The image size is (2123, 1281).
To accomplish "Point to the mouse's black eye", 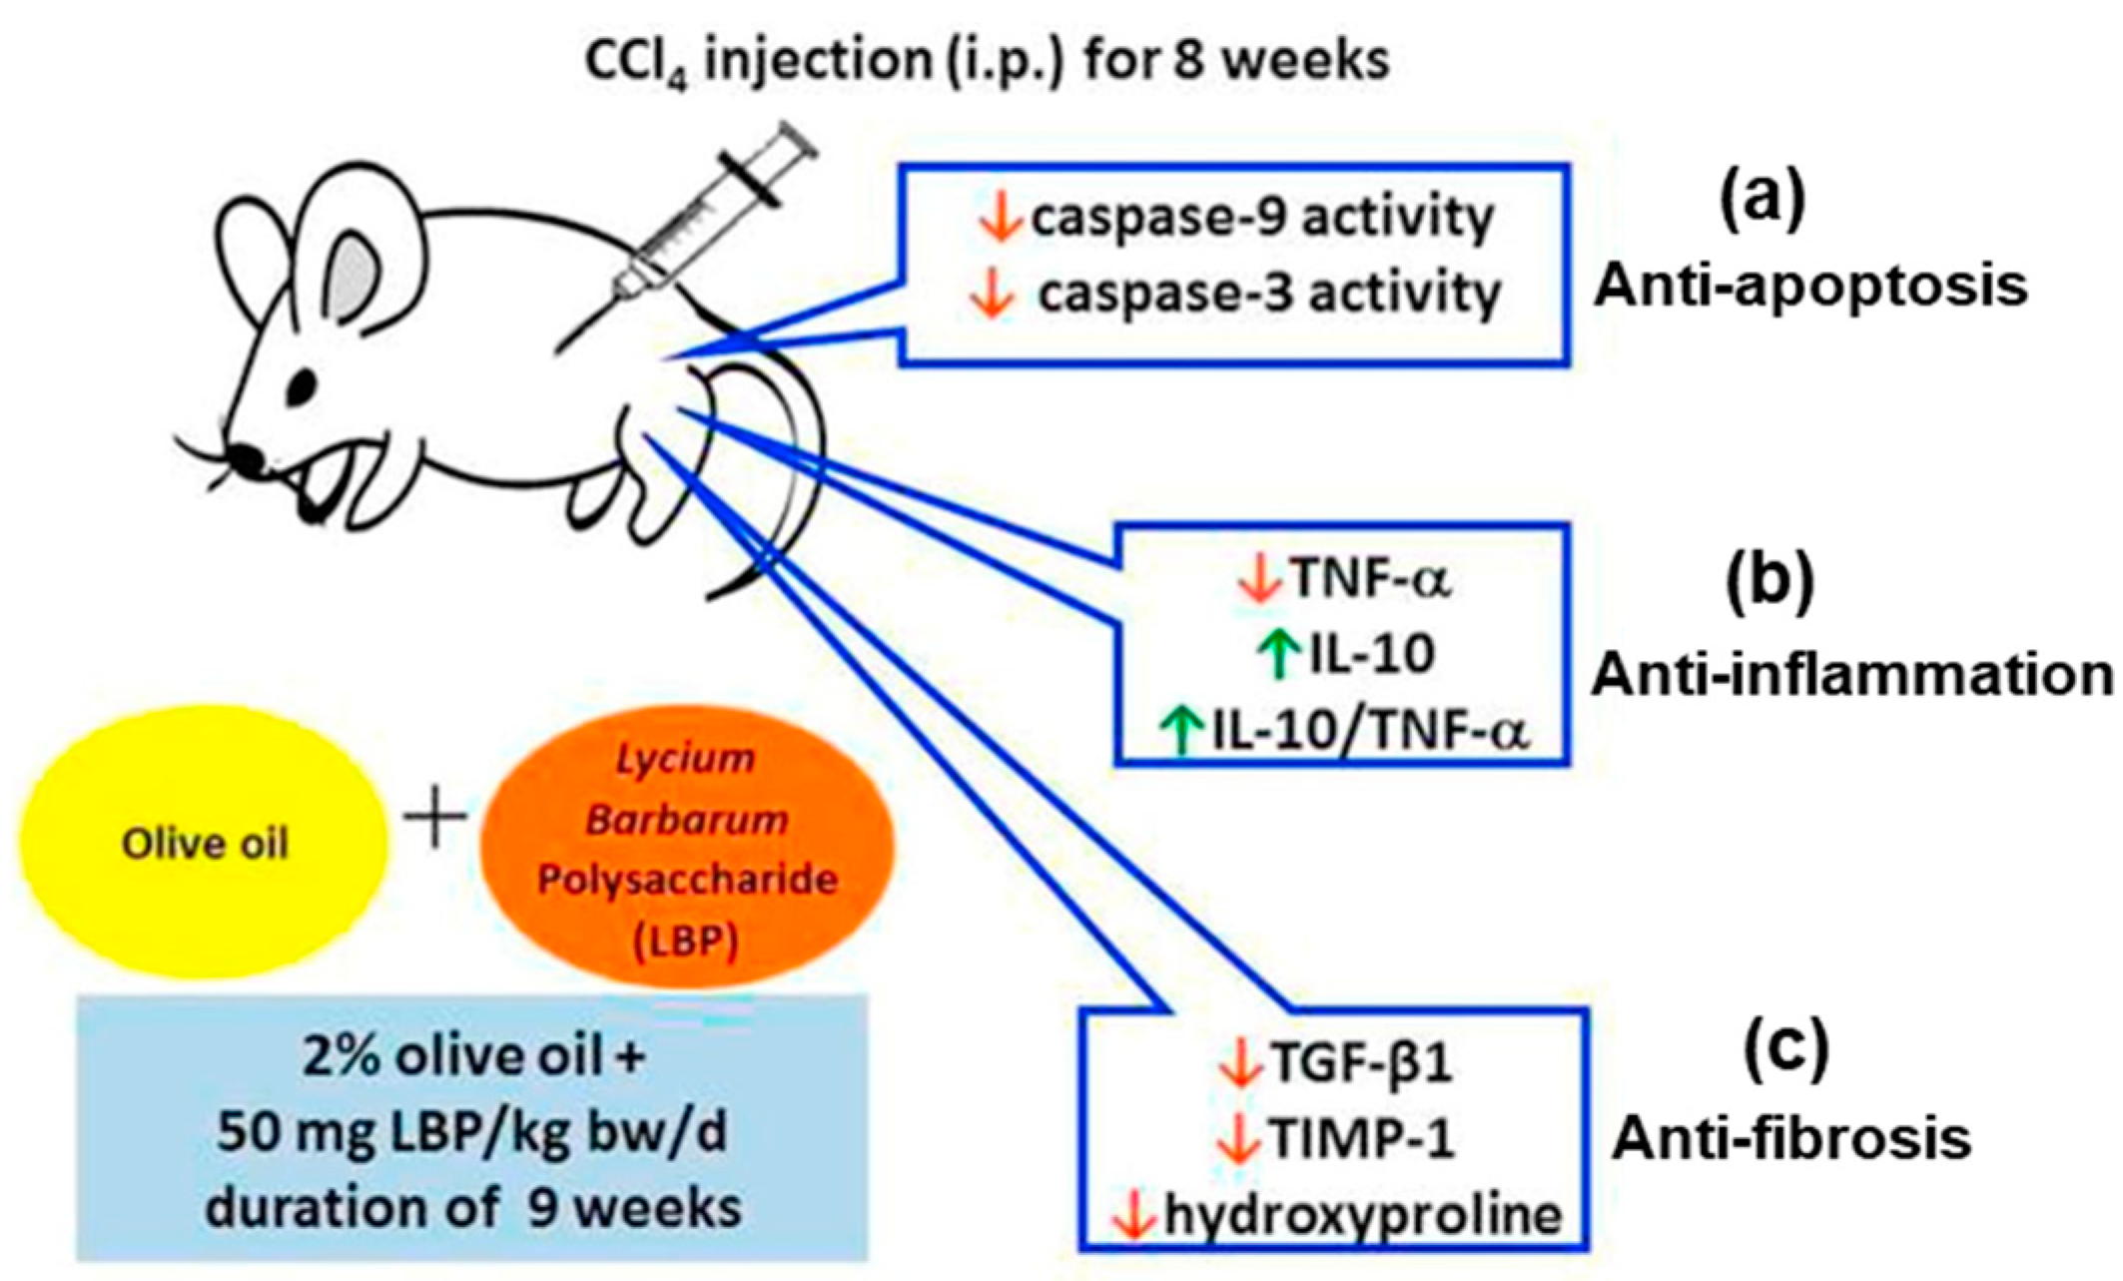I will tap(302, 383).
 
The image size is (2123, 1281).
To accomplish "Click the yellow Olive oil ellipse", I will tap(204, 844).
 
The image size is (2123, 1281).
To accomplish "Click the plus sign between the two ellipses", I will tap(435, 818).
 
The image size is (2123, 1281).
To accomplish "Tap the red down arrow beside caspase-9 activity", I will tap(999, 218).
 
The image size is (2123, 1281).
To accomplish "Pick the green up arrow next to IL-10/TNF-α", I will tap(1182, 730).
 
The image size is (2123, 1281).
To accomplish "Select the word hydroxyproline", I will tap(1362, 1215).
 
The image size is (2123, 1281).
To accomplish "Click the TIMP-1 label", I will tap(1361, 1138).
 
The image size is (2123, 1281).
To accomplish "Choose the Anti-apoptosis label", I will tap(1809, 287).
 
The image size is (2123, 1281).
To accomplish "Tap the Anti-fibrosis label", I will tap(1791, 1138).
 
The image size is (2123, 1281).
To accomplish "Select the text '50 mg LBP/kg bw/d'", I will tap(472, 1132).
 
